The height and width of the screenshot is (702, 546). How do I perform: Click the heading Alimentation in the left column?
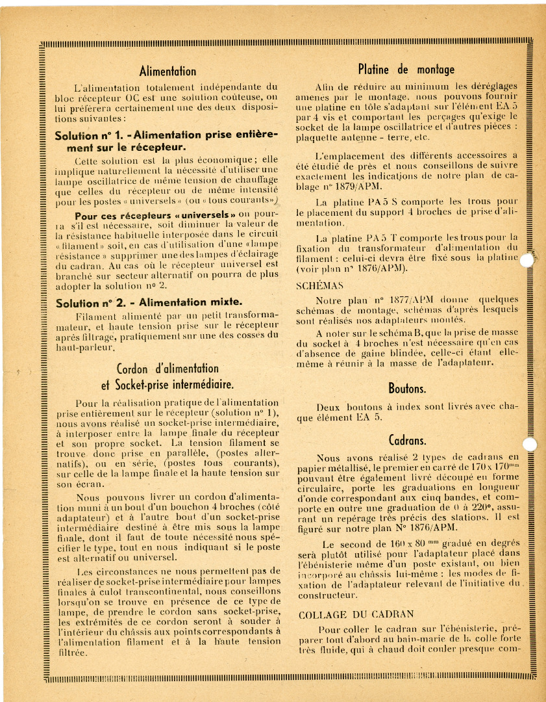coord(168,71)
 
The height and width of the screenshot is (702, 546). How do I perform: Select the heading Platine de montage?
coord(406,69)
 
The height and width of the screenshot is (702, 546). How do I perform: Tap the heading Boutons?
coord(407,389)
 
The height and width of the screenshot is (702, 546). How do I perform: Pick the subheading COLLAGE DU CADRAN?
coord(356,614)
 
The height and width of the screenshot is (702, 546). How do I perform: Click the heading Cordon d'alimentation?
coord(168,369)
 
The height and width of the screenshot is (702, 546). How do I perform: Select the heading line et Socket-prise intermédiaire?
coord(168,383)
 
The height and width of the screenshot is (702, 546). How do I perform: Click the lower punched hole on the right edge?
coord(530,445)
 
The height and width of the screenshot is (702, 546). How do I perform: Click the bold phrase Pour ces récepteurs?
coord(123,215)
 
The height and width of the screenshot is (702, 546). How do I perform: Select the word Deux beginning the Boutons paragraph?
coord(329,408)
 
